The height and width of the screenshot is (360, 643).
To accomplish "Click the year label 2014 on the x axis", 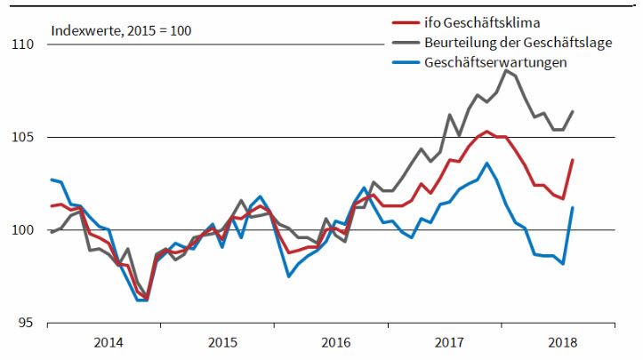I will click(108, 342).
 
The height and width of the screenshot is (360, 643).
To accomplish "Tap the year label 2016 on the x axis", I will click(335, 342).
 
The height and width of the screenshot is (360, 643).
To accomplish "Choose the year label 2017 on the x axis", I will click(449, 342).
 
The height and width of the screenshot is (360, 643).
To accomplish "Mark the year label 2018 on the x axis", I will click(563, 342).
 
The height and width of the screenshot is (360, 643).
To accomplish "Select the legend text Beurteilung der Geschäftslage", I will click(518, 43).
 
